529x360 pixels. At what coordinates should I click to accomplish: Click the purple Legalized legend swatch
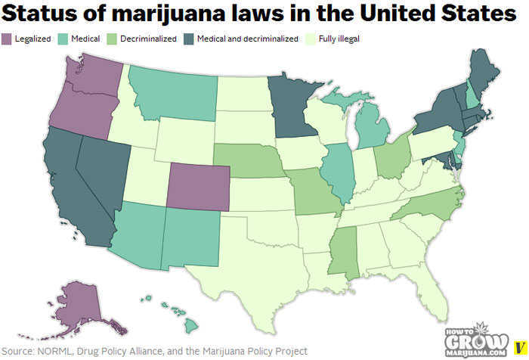click(6, 38)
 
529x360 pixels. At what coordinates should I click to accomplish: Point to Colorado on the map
click(197, 186)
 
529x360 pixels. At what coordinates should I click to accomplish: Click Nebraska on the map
click(248, 160)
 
